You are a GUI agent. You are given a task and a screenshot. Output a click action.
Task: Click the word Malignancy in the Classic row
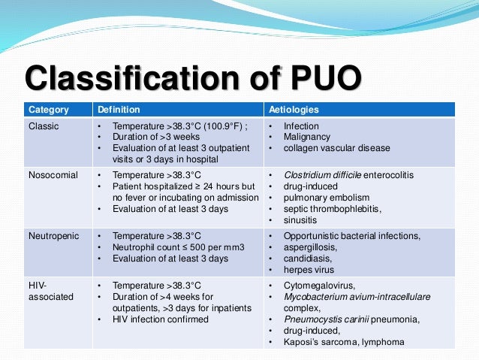[307, 138]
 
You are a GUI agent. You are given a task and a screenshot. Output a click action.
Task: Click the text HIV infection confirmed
[161, 319]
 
